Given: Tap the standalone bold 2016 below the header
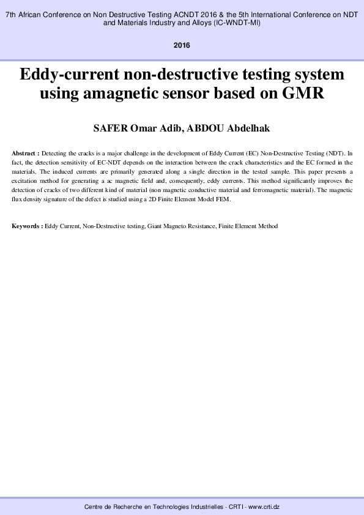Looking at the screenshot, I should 182,46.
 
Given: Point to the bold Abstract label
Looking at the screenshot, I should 25,152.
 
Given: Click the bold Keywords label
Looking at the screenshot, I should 27,226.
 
